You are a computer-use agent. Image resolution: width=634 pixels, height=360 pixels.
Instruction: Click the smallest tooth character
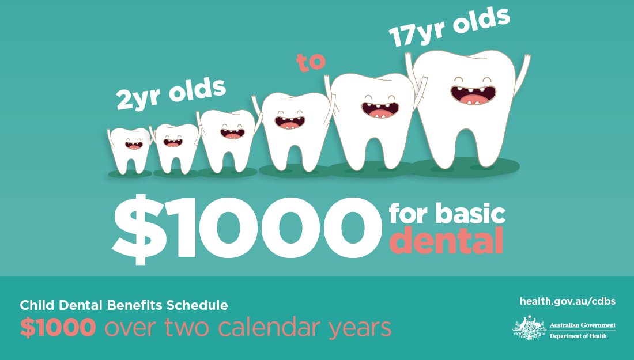tap(131, 150)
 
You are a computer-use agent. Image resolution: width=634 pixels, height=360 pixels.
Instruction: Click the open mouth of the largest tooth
tap(471, 94)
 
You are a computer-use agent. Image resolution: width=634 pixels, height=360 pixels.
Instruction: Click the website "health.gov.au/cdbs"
tap(567, 301)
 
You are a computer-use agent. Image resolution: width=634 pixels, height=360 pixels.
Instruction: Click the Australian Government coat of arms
tap(529, 328)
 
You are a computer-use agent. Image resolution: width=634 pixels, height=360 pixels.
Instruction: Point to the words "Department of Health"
tap(578, 335)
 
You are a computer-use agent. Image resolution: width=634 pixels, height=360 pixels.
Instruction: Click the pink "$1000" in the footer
tap(58, 328)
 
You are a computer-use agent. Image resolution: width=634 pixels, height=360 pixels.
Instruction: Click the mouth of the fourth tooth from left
tap(290, 122)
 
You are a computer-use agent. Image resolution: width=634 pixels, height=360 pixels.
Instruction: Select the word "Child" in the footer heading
tap(36, 305)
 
